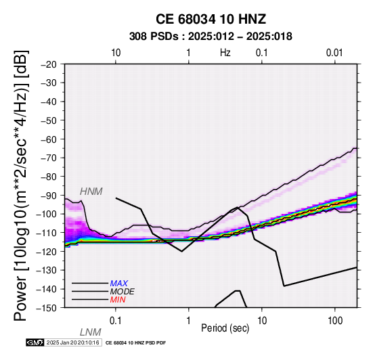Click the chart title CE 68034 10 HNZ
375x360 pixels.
pyautogui.click(x=211, y=19)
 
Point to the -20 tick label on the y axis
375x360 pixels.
pyautogui.click(x=49, y=64)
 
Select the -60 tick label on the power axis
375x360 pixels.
pyautogui.click(x=49, y=139)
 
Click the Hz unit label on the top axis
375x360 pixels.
pyautogui.click(x=225, y=53)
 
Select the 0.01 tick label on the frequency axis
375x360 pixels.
pyautogui.click(x=334, y=53)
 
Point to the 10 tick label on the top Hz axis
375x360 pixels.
pyautogui.click(x=116, y=53)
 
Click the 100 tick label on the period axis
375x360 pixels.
pyautogui.click(x=335, y=321)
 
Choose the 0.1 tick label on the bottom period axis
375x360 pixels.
pyautogui.click(x=116, y=321)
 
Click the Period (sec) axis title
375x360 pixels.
pyautogui.click(x=225, y=328)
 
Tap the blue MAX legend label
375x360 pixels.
pyautogui.click(x=119, y=284)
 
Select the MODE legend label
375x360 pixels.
pyautogui.click(x=123, y=292)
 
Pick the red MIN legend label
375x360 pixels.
pyautogui.click(x=118, y=300)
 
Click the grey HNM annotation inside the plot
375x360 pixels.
pyautogui.click(x=91, y=192)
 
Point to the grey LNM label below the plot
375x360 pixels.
pyautogui.click(x=91, y=332)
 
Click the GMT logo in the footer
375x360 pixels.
pyautogui.click(x=35, y=342)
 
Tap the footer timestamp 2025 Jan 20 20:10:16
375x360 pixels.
pyautogui.click(x=72, y=342)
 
